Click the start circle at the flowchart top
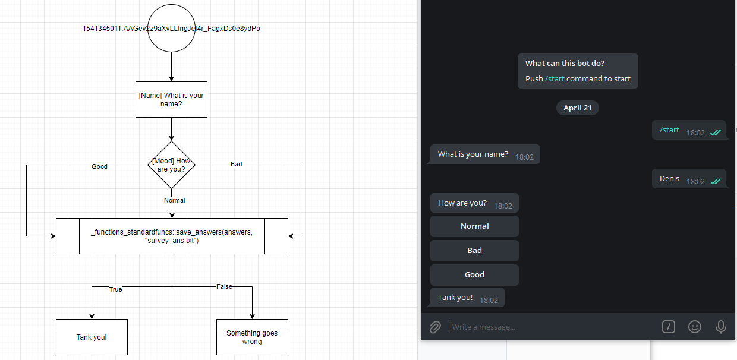tap(171, 29)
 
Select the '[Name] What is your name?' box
tap(171, 99)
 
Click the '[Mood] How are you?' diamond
tap(171, 165)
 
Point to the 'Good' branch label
tap(99, 166)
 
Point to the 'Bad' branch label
tap(236, 164)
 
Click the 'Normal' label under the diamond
tap(175, 200)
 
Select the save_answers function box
tap(172, 236)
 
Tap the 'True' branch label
tap(115, 289)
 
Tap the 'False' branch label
tap(224, 286)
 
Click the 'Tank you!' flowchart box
tap(92, 337)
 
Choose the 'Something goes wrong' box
tap(252, 337)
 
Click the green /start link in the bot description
tap(555, 78)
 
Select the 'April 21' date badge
tap(577, 108)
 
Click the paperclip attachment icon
tap(435, 327)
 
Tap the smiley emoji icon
tap(694, 327)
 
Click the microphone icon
tap(720, 327)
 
